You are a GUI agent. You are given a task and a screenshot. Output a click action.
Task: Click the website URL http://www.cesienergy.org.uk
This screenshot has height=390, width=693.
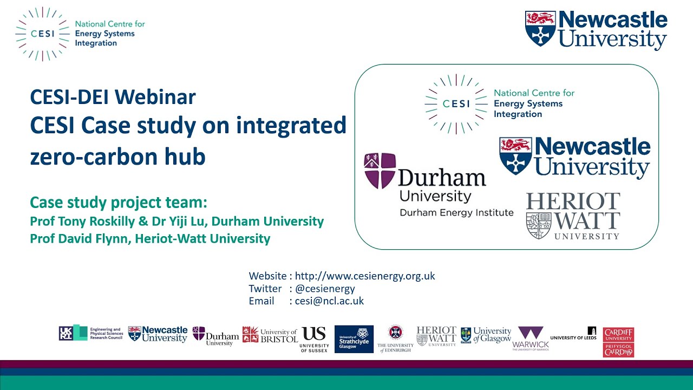click(365, 276)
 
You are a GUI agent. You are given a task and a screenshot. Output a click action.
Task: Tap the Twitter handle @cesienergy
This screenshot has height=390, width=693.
click(325, 289)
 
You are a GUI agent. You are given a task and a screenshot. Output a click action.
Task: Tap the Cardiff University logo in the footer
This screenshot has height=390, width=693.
click(618, 342)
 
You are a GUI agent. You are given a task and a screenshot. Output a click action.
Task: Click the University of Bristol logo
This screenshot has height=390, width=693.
click(270, 335)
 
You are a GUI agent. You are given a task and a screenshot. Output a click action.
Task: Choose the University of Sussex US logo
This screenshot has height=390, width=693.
click(315, 339)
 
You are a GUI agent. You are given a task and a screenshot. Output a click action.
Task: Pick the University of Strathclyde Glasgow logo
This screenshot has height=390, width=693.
click(354, 339)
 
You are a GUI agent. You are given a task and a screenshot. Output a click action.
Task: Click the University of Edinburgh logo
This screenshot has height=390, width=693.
click(395, 339)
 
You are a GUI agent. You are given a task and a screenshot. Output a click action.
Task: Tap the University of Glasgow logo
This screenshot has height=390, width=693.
click(486, 335)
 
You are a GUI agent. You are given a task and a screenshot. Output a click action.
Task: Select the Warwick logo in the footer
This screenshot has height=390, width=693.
click(531, 339)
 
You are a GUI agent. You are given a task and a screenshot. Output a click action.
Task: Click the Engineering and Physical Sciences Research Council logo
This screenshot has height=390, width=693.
click(91, 333)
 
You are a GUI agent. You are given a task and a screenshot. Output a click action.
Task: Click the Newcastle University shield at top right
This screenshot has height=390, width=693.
click(540, 28)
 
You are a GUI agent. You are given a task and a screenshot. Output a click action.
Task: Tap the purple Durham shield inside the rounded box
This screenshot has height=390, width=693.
click(380, 170)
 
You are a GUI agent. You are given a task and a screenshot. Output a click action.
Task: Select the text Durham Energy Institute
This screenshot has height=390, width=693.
click(456, 212)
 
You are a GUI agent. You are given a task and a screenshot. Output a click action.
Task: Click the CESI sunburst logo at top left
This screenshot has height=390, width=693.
click(41, 34)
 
